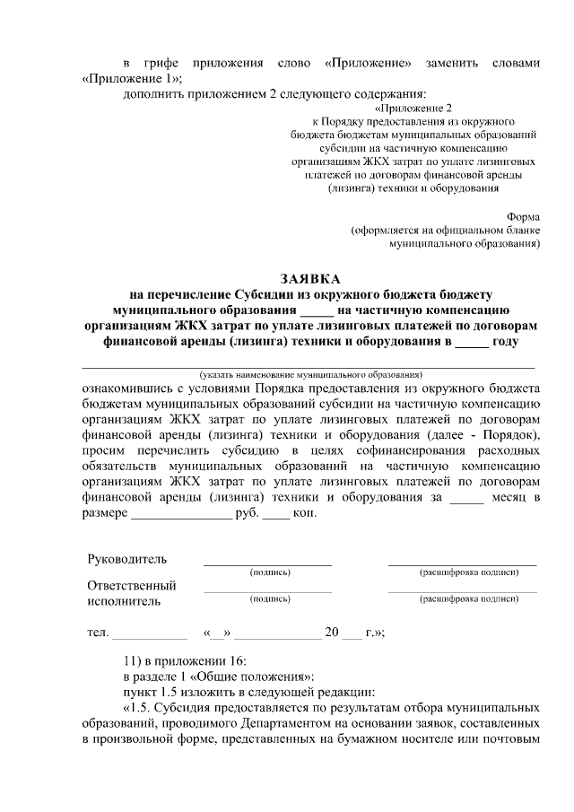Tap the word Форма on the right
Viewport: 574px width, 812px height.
pyautogui.click(x=524, y=217)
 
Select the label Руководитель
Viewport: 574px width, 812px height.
pyautogui.click(x=126, y=560)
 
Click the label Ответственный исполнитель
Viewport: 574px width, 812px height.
pyautogui.click(x=131, y=593)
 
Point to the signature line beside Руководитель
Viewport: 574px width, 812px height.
pyautogui.click(x=267, y=564)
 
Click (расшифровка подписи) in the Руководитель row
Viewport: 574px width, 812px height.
pyautogui.click(x=463, y=572)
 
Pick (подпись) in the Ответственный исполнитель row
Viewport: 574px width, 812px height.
pyautogui.click(x=267, y=598)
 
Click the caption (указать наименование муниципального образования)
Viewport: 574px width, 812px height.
pyautogui.click(x=310, y=372)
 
